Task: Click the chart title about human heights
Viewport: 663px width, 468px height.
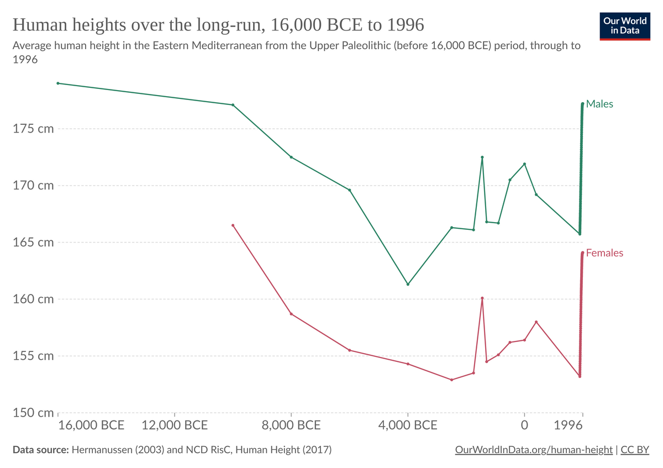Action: click(x=218, y=25)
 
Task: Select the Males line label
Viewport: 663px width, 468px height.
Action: click(x=599, y=104)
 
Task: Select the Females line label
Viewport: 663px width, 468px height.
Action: click(x=604, y=253)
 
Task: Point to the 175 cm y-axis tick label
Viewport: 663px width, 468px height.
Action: click(x=34, y=129)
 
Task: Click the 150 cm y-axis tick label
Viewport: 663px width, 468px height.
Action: click(x=34, y=413)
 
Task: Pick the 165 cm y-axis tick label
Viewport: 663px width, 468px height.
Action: click(x=34, y=242)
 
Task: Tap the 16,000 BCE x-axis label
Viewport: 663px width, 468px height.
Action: click(x=91, y=425)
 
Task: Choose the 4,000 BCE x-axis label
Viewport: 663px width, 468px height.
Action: click(x=408, y=425)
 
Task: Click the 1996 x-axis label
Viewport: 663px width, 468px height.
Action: click(x=569, y=425)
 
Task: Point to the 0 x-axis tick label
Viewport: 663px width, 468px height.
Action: click(x=524, y=425)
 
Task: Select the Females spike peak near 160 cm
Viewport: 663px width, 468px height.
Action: click(x=482, y=298)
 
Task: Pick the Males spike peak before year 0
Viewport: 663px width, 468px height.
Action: click(x=482, y=157)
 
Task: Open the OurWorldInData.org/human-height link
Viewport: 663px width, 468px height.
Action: click(x=534, y=450)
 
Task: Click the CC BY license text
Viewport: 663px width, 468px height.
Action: click(x=635, y=450)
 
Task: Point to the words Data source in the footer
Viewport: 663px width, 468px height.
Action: click(x=40, y=450)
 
